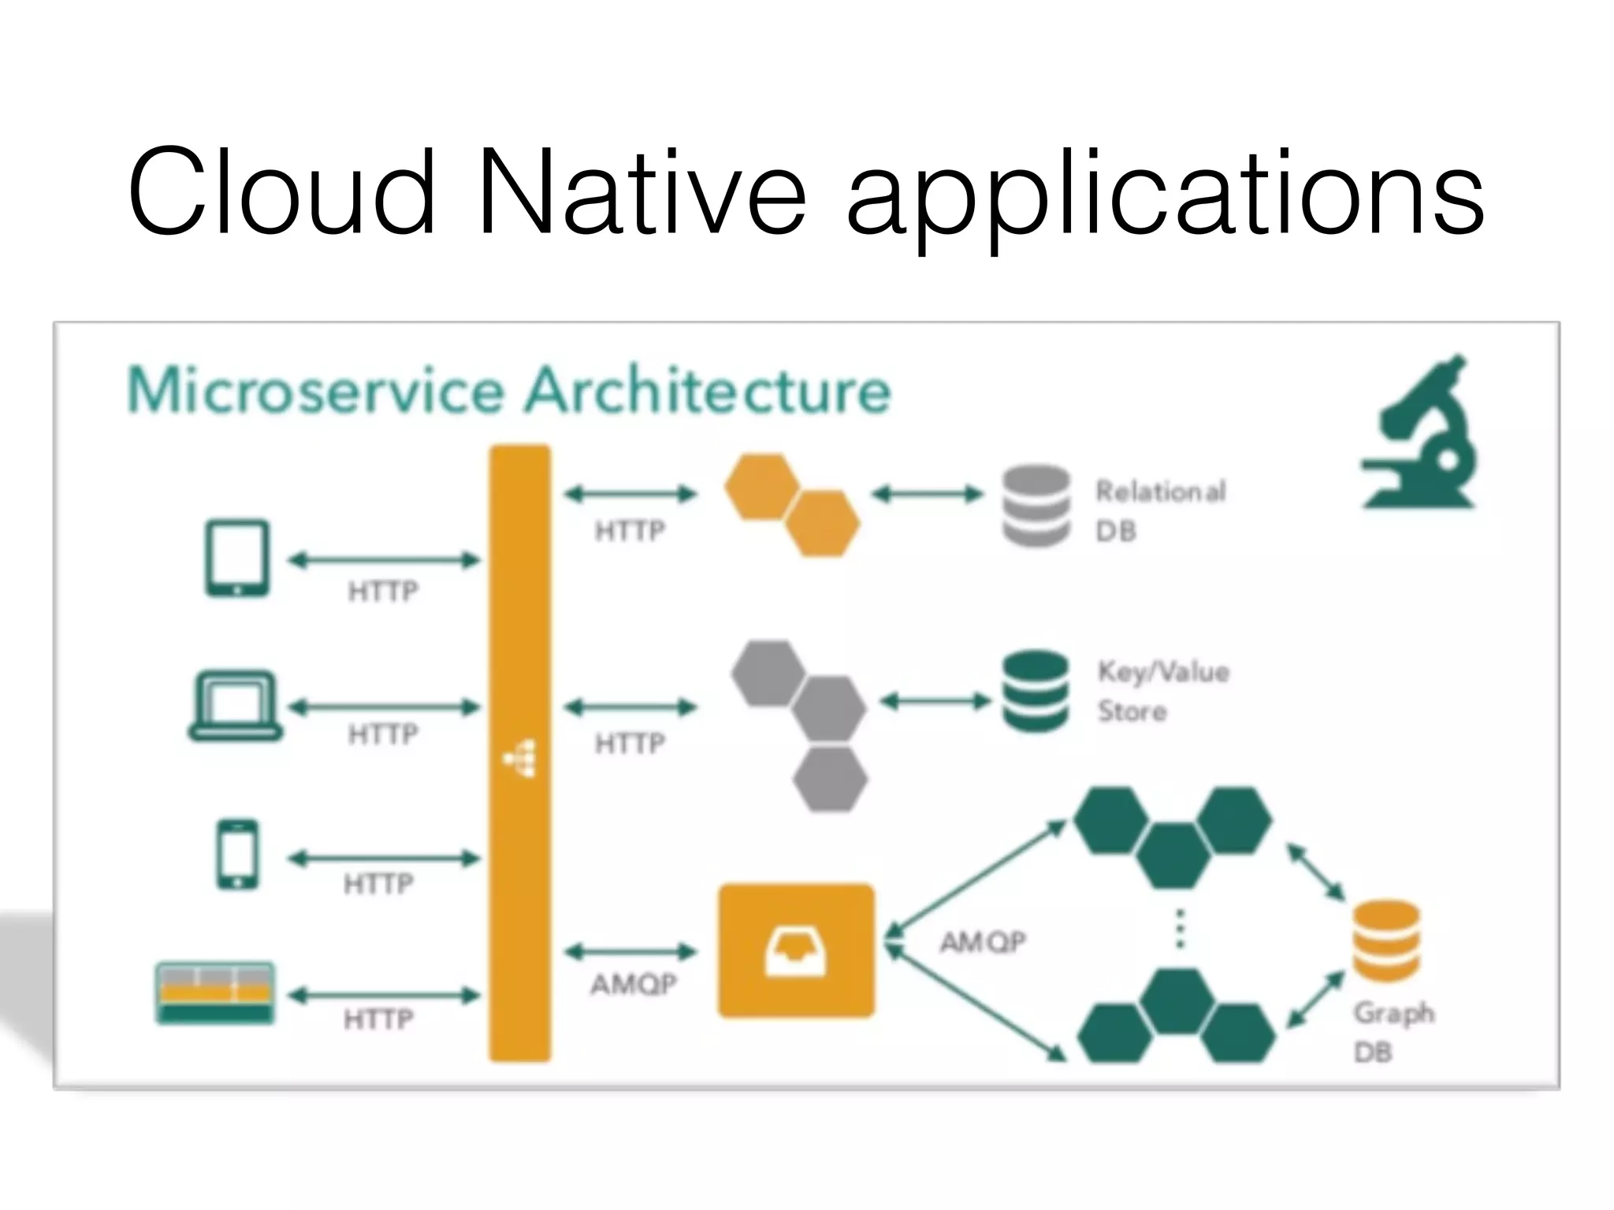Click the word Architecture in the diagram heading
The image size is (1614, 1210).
tap(707, 391)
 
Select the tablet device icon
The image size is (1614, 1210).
tap(237, 558)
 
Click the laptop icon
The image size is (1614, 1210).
tap(235, 706)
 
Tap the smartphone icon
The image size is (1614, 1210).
tap(237, 855)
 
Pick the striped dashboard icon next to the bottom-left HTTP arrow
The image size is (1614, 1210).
tap(215, 993)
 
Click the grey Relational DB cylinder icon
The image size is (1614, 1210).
tap(1036, 506)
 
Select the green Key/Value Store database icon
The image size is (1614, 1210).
tap(1036, 692)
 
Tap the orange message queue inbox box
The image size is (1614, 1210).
tap(796, 950)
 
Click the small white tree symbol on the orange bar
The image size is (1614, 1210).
tap(521, 758)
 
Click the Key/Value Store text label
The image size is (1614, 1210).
tap(1162, 691)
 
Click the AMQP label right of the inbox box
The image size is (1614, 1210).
tap(982, 941)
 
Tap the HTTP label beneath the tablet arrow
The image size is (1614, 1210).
tap(383, 591)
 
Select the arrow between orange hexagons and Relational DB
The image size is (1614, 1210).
tap(928, 495)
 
